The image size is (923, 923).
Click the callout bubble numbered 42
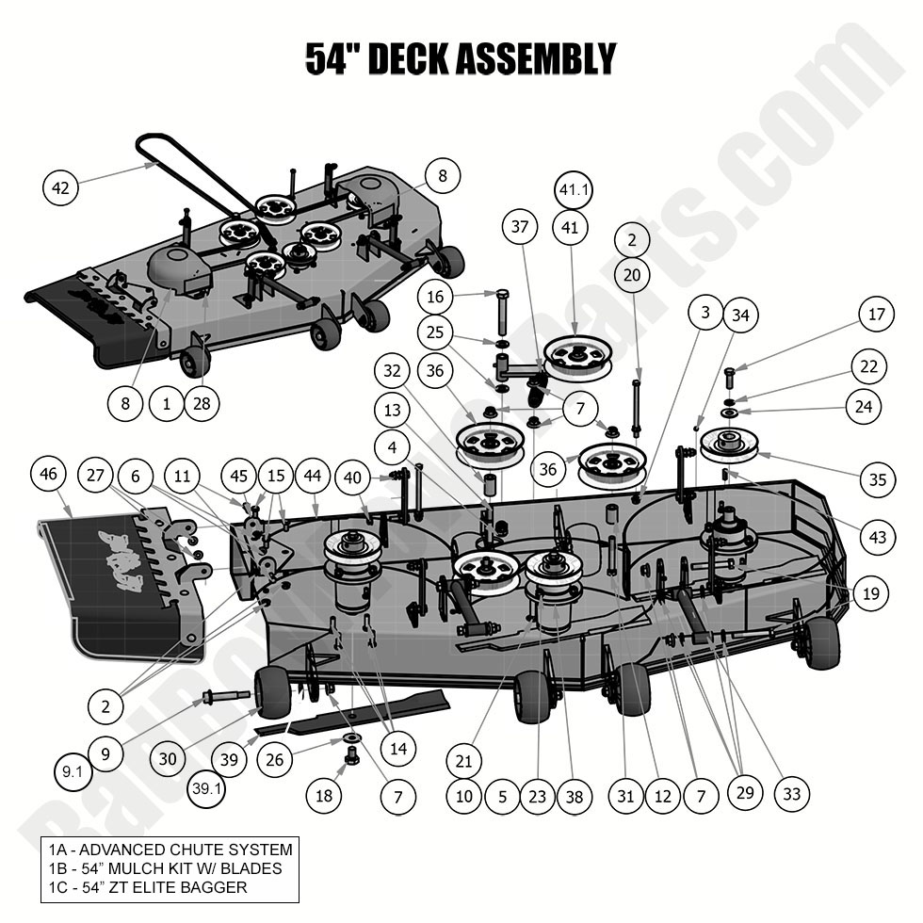[61, 188]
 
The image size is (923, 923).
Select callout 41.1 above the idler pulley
[574, 189]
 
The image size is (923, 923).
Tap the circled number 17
[876, 315]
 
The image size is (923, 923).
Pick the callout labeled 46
[51, 475]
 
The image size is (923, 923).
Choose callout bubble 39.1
[205, 788]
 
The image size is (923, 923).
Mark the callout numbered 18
[323, 796]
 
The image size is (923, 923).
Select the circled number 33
[791, 794]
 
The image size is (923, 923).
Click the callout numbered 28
[202, 404]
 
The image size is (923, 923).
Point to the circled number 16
[435, 298]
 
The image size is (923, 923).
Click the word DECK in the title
[408, 58]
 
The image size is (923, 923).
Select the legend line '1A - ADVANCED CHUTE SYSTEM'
[170, 849]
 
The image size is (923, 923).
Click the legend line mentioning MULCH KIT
[164, 867]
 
